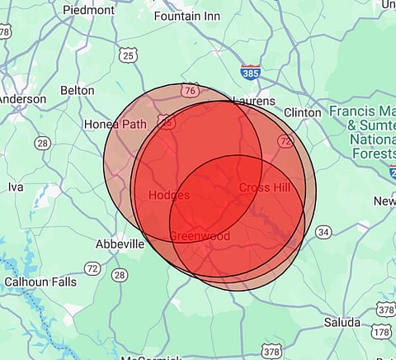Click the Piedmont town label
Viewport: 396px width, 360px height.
click(x=87, y=11)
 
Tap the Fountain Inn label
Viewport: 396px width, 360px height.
click(x=187, y=16)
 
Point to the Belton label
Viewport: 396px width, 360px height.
click(x=78, y=90)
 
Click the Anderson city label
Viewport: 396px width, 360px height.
click(x=22, y=99)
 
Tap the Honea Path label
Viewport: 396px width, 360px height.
click(x=115, y=125)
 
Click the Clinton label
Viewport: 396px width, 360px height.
click(x=302, y=112)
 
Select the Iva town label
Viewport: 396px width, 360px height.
click(x=16, y=187)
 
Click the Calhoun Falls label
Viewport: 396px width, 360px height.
click(x=40, y=282)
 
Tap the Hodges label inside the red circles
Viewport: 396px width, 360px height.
click(x=169, y=196)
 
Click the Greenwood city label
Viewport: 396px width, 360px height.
click(x=199, y=236)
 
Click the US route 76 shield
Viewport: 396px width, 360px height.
click(x=191, y=90)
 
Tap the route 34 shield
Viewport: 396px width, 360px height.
click(x=323, y=231)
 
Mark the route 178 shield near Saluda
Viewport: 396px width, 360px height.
click(x=380, y=331)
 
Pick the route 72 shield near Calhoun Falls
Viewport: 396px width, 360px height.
click(x=92, y=268)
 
